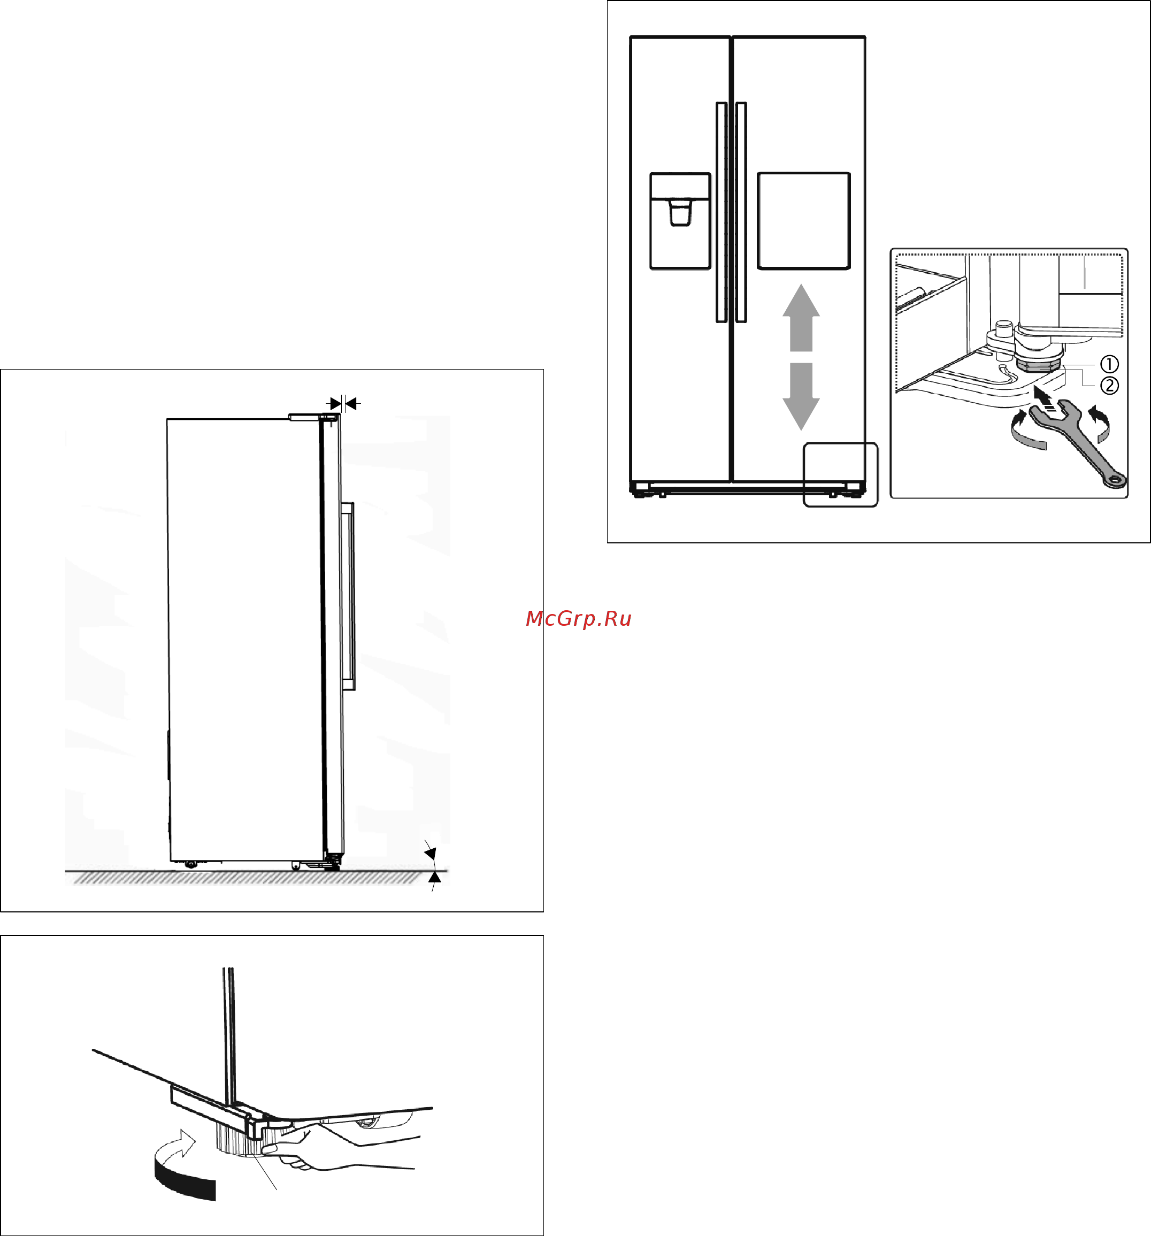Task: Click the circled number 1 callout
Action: (x=1109, y=364)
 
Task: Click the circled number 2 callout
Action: (x=1109, y=386)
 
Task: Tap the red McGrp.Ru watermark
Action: (x=578, y=619)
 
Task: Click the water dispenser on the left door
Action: (x=680, y=221)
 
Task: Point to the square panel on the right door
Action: (x=803, y=221)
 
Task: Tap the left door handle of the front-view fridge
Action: (x=722, y=212)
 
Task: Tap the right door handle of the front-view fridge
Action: (x=741, y=212)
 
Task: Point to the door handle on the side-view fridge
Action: (x=348, y=596)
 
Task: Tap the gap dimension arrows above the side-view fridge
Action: (x=343, y=403)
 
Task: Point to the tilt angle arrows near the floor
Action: (x=432, y=865)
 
